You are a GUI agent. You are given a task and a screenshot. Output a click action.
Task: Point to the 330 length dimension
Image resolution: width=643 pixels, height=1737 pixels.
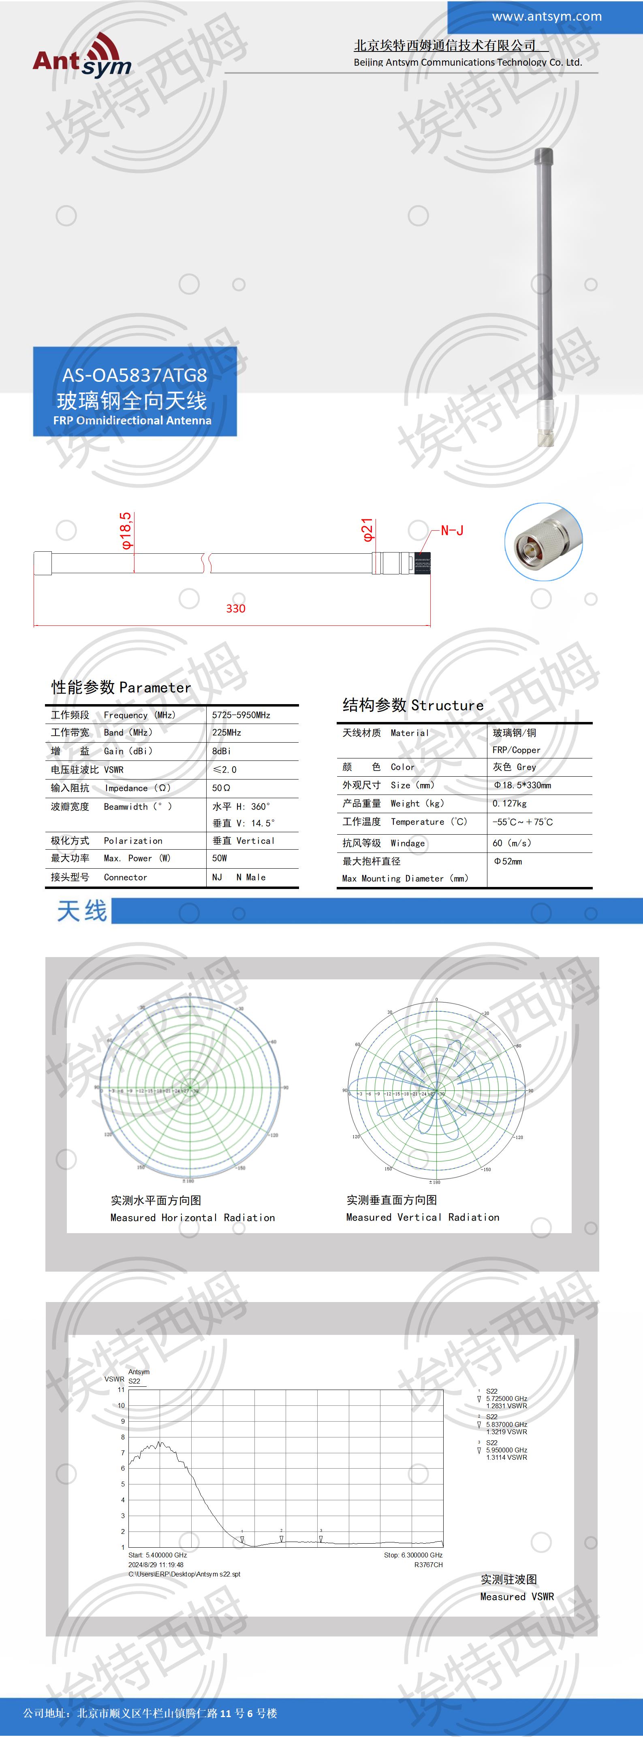point(235,608)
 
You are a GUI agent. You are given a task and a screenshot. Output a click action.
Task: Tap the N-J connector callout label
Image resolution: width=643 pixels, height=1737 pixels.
point(452,531)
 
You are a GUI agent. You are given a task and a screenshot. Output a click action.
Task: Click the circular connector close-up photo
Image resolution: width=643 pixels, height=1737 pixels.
point(543,542)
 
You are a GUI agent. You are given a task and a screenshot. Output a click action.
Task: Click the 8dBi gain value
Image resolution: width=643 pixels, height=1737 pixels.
point(221,751)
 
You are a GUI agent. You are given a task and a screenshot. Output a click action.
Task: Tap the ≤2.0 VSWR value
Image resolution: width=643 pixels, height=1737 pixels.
point(224,769)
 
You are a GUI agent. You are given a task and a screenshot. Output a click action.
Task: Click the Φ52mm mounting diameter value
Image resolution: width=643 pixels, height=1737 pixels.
point(508,861)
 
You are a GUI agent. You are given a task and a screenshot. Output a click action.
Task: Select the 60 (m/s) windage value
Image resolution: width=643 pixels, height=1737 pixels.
point(512,843)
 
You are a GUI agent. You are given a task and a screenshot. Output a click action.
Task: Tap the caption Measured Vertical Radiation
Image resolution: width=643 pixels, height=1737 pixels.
point(423,1217)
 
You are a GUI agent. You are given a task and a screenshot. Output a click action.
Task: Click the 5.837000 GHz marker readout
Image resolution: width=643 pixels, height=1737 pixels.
point(506,1425)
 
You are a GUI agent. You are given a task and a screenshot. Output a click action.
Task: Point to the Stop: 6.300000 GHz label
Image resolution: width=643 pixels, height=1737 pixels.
point(413,1555)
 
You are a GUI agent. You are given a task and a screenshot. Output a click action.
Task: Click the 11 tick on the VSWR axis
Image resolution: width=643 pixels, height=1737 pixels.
point(121,1390)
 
